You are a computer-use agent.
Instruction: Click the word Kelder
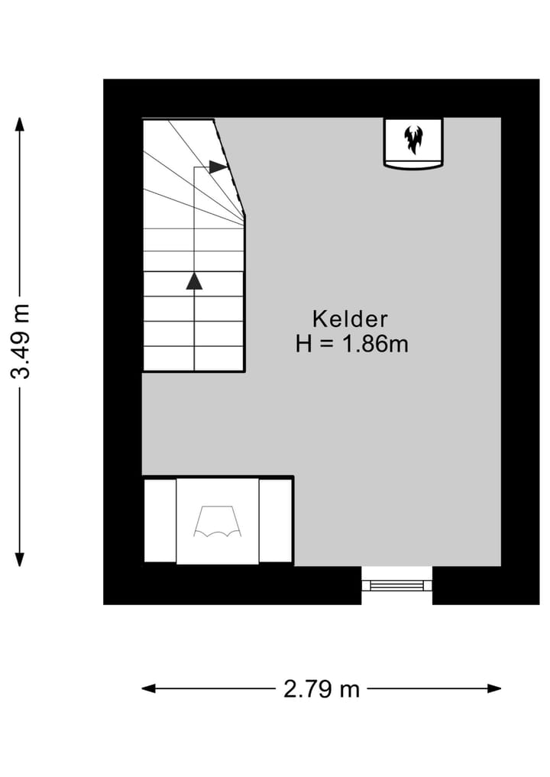tap(350, 319)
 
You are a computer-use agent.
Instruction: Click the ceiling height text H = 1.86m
tap(352, 345)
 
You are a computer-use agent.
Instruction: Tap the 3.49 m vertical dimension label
tap(21, 341)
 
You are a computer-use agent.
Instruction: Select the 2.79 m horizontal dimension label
tap(322, 689)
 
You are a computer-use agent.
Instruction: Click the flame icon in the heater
tap(413, 140)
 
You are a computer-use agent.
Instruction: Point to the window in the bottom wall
tap(396, 585)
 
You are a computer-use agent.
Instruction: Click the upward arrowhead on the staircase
tap(195, 280)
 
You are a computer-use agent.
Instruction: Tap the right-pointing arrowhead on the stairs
tap(218, 167)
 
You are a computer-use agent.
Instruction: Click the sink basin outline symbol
tap(218, 522)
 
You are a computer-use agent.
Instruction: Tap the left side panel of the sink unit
tap(160, 521)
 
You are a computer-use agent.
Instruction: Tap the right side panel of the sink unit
tap(276, 521)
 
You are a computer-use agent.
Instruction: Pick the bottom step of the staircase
tap(194, 358)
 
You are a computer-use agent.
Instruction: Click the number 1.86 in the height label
tap(364, 345)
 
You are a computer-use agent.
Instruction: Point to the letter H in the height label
tap(304, 345)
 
